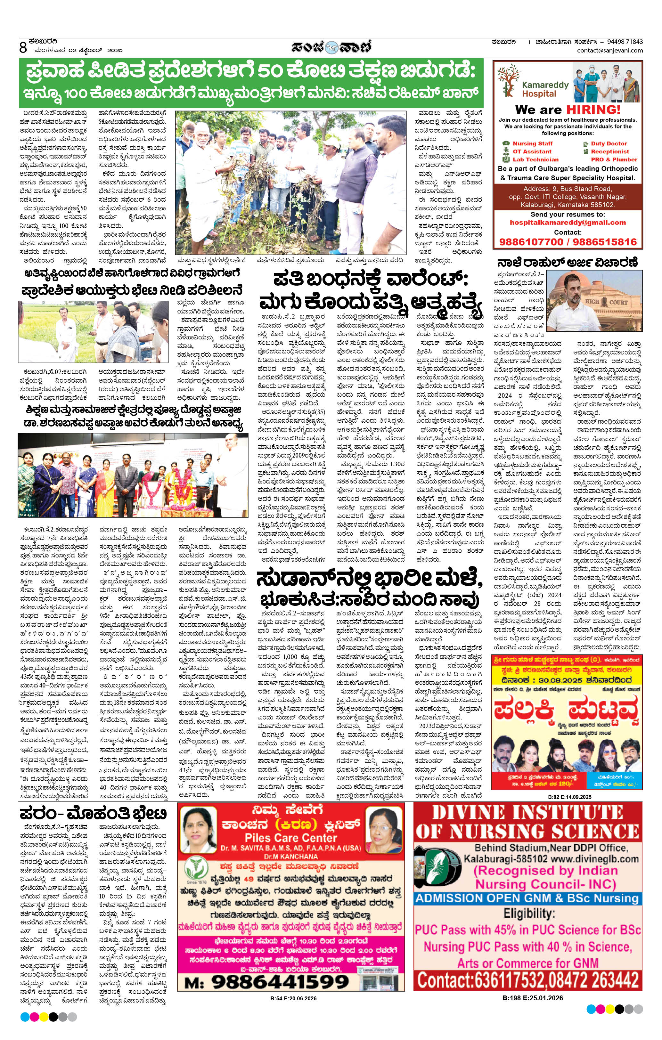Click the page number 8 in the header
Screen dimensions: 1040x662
tap(23, 47)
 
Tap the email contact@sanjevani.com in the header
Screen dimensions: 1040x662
tap(610, 51)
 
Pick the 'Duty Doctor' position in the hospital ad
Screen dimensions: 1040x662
tap(609, 143)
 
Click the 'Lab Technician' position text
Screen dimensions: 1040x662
tap(535, 159)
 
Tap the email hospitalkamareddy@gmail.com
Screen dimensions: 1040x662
tap(568, 223)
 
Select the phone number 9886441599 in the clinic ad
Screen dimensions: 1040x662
tap(280, 982)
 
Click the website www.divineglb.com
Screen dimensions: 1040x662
tap(595, 858)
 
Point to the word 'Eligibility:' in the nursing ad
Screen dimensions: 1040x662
tap(528, 914)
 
